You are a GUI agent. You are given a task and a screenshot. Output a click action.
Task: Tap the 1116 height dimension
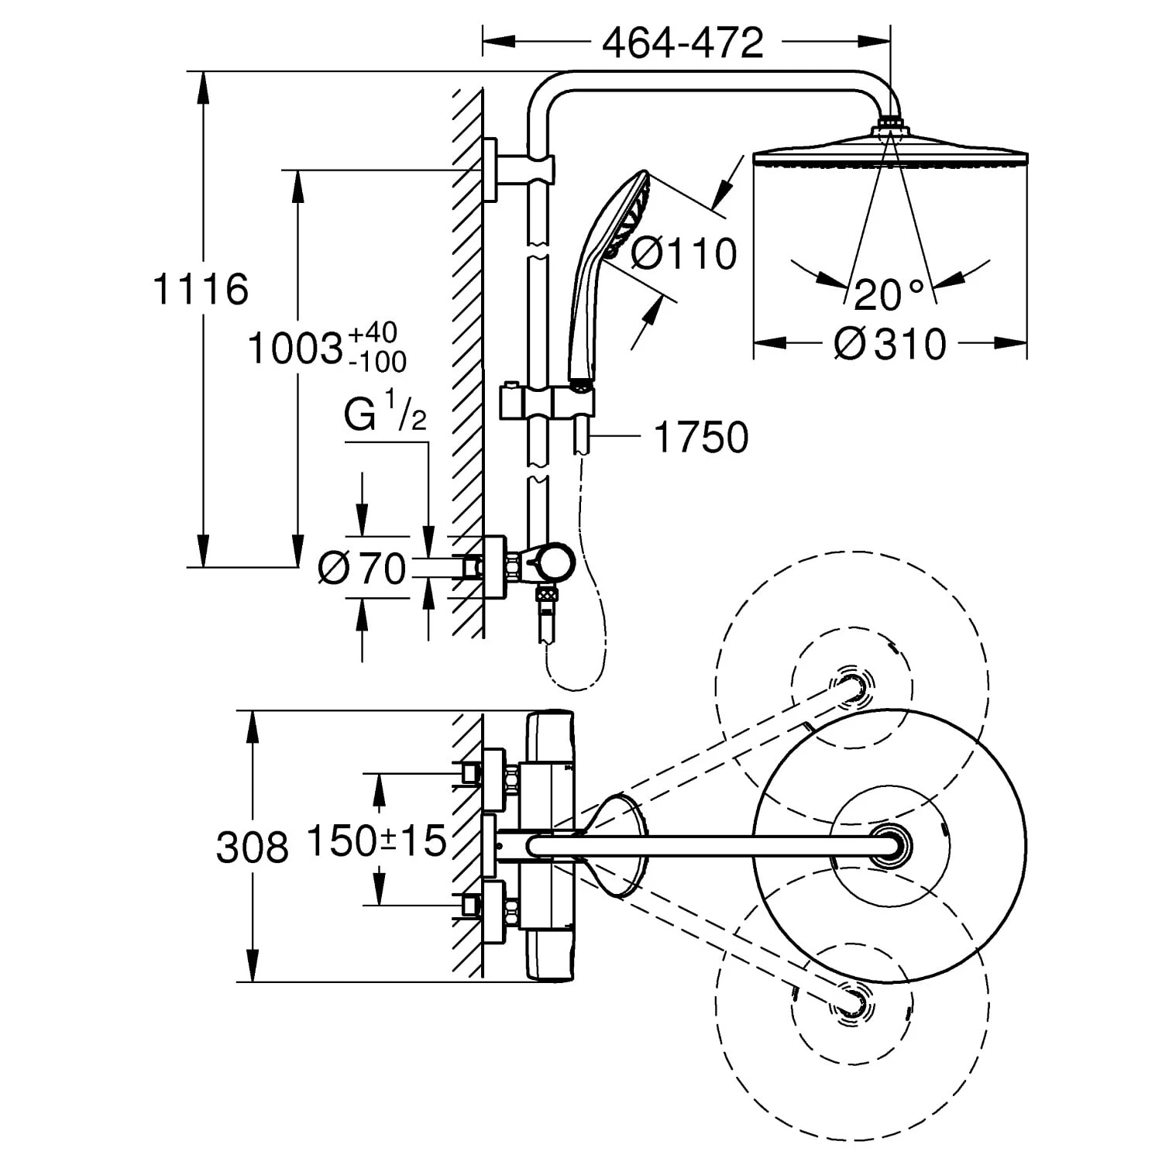pyautogui.click(x=201, y=289)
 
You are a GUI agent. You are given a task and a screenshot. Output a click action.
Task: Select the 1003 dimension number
pyautogui.click(x=295, y=349)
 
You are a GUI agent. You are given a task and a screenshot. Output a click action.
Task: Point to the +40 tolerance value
pyautogui.click(x=373, y=333)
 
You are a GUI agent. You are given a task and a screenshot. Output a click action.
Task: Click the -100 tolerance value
pyautogui.click(x=376, y=361)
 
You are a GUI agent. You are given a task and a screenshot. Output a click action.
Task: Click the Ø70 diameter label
pyautogui.click(x=362, y=569)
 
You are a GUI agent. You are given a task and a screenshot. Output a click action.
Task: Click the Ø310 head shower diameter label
pyautogui.click(x=890, y=343)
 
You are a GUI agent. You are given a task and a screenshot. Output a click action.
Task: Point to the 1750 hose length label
pyautogui.click(x=701, y=437)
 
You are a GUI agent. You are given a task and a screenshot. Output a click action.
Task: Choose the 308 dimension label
pyautogui.click(x=252, y=847)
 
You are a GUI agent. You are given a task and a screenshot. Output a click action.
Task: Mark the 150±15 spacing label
pyautogui.click(x=377, y=840)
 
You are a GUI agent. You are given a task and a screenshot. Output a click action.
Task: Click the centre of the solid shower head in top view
pyautogui.click(x=889, y=845)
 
